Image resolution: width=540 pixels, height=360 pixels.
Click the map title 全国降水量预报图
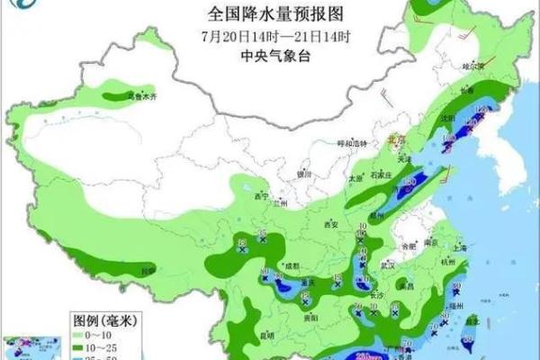pyautogui.click(x=269, y=13)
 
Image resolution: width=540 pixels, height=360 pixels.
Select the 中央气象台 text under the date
pyautogui.click(x=269, y=54)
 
